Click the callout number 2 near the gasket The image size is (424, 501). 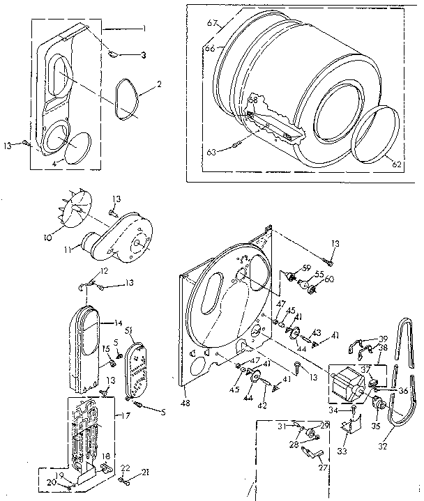click(159, 84)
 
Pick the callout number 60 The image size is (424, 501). click(327, 279)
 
